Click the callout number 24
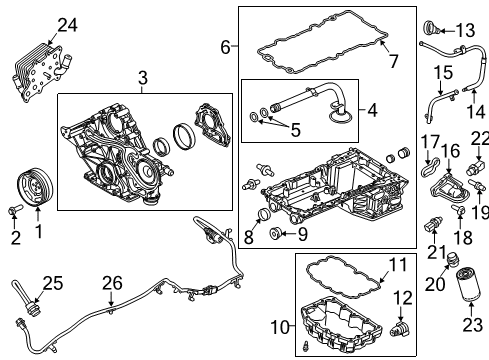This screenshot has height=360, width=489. click(x=68, y=25)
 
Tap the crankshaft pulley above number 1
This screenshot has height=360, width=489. click(x=35, y=187)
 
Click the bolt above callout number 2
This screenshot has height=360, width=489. click(x=15, y=210)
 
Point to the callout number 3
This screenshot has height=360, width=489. click(x=143, y=78)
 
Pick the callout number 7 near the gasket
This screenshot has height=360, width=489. click(x=394, y=61)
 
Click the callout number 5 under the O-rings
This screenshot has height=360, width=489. click(x=295, y=130)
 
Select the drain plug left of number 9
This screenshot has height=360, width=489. click(x=275, y=233)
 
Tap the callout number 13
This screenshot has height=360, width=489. click(x=465, y=31)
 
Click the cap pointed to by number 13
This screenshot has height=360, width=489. click(x=431, y=28)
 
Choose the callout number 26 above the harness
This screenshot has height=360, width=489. click(x=112, y=283)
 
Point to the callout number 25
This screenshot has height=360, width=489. click(x=53, y=283)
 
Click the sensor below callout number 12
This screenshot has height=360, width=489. click(x=400, y=329)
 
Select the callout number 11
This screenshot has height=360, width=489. click(x=399, y=265)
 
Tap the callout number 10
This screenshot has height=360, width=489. click(x=280, y=327)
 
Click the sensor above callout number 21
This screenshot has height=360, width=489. click(x=433, y=226)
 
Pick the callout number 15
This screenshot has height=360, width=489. click(x=443, y=73)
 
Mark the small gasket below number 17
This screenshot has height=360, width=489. click(x=428, y=167)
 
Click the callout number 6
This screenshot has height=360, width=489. click(x=226, y=47)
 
